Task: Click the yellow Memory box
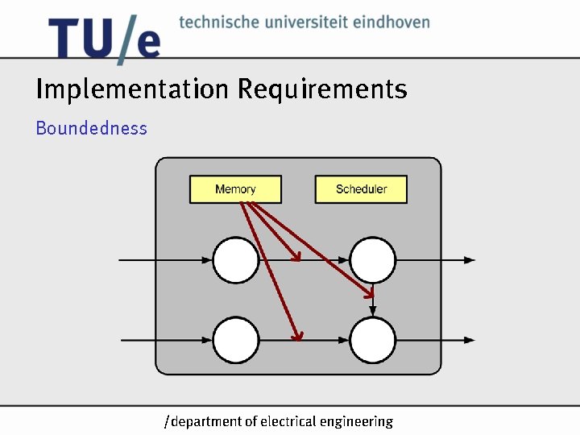point(235,189)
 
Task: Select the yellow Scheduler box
point(361,189)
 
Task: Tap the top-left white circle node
point(236,260)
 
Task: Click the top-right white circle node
point(372,260)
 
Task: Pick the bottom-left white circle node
point(236,340)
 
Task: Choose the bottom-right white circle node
point(372,340)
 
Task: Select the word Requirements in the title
point(321,89)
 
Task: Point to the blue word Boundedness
point(91,128)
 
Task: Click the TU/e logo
point(104,39)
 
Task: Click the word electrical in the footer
point(288,420)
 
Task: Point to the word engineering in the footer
point(356,421)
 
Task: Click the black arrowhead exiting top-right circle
point(470,260)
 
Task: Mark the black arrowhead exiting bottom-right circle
point(470,340)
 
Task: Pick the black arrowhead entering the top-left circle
point(207,260)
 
